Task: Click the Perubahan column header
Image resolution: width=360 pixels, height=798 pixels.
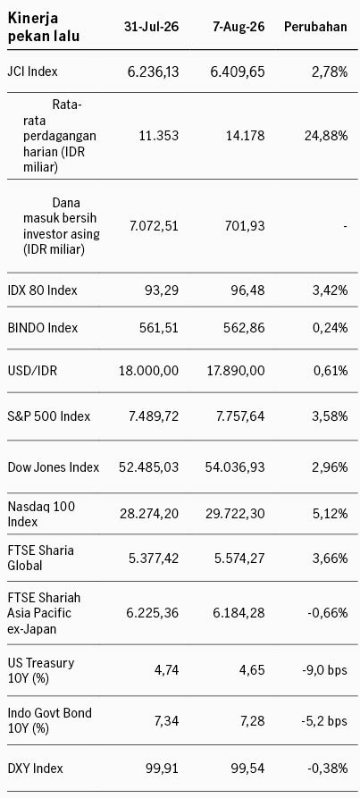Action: click(315, 27)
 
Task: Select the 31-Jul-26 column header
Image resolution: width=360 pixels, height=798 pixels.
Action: click(152, 27)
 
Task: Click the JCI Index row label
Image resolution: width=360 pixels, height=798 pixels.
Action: click(32, 71)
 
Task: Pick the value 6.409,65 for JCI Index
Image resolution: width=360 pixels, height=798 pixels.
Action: click(238, 71)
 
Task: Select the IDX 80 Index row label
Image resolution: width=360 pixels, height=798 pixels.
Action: click(43, 290)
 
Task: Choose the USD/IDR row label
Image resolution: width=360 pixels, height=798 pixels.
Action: click(32, 371)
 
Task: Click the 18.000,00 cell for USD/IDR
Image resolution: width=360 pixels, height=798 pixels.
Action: click(148, 371)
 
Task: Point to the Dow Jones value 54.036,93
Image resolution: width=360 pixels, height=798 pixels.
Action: click(234, 467)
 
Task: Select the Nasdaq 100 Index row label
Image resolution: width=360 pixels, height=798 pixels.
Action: click(42, 514)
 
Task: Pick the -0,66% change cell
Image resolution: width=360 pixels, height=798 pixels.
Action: click(328, 613)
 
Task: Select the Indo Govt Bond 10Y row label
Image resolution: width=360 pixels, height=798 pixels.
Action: click(50, 720)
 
